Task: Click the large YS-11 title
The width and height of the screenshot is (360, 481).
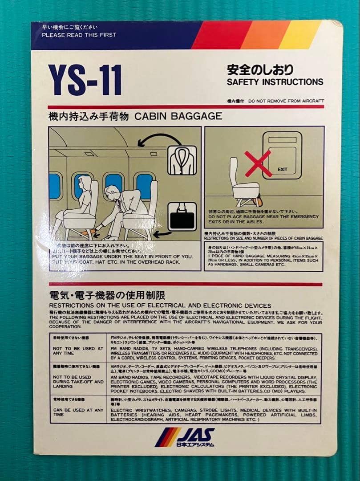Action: pyautogui.click(x=85, y=80)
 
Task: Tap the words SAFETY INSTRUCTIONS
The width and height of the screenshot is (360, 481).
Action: pyautogui.click(x=275, y=82)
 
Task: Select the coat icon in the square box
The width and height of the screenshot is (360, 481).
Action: pyautogui.click(x=182, y=160)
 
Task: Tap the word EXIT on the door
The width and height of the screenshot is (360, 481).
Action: pyautogui.click(x=282, y=169)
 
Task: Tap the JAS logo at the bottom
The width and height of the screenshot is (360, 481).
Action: pyautogui.click(x=184, y=437)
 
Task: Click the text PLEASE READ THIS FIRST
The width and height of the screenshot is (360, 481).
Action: pyautogui.click(x=79, y=35)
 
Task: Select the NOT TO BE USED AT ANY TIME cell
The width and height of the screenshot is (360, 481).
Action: pyautogui.click(x=78, y=351)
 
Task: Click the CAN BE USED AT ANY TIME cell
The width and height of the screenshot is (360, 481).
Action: pyautogui.click(x=78, y=412)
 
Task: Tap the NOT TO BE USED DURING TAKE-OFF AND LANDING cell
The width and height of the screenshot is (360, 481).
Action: pyautogui.click(x=78, y=382)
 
